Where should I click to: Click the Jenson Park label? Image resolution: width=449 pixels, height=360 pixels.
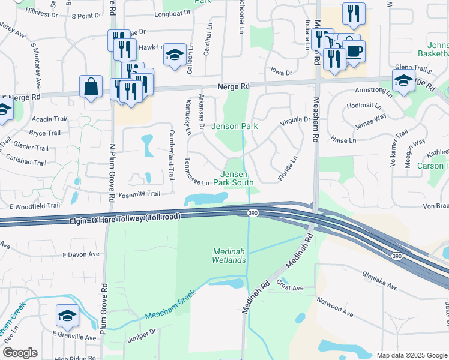tap(234, 127)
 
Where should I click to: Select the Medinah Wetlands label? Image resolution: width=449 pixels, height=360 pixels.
tap(229, 256)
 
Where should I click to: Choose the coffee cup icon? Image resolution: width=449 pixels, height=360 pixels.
tap(354, 50)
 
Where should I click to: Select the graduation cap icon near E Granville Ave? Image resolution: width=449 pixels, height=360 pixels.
tap(67, 315)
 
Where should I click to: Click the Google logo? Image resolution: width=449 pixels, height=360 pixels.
tap(20, 353)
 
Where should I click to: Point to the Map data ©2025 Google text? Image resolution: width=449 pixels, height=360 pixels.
tap(411, 355)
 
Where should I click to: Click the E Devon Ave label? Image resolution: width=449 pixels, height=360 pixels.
tap(81, 254)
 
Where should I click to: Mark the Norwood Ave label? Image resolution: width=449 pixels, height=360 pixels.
tap(335, 307)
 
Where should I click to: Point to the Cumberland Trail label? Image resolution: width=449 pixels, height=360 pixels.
tap(171, 155)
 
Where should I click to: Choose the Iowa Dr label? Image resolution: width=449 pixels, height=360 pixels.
tap(280, 73)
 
